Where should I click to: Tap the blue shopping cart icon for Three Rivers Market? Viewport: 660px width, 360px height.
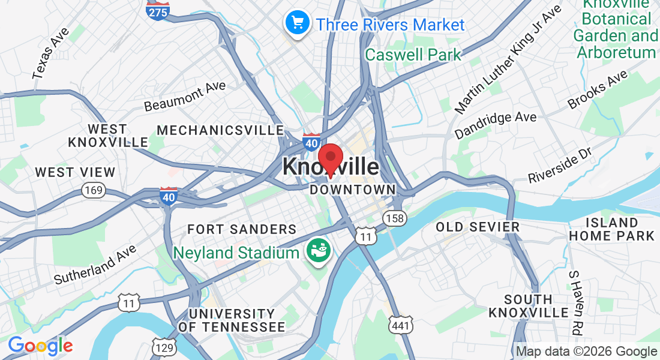(x=296, y=23)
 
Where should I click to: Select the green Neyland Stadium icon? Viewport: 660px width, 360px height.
(x=317, y=250)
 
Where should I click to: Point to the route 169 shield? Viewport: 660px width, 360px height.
(x=95, y=191)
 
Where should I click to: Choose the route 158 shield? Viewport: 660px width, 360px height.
(x=395, y=218)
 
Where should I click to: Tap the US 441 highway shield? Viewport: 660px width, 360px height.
(x=400, y=325)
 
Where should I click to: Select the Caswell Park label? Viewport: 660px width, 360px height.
(x=413, y=55)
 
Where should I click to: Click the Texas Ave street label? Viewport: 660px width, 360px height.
(x=51, y=53)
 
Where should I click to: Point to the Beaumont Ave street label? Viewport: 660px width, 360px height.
(x=185, y=96)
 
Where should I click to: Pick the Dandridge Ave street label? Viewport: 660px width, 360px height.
(x=495, y=125)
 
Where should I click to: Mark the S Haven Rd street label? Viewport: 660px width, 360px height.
(x=575, y=302)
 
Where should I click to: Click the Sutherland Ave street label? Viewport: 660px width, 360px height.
(x=95, y=265)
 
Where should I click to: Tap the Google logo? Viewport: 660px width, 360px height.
(x=40, y=346)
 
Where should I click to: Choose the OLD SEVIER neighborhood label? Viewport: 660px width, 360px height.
(x=478, y=227)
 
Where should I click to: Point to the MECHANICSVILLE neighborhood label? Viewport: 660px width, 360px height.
(x=220, y=130)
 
